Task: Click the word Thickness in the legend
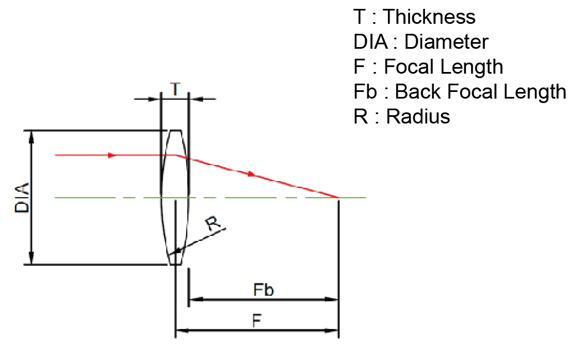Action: [x=429, y=17]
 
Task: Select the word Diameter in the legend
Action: [x=446, y=42]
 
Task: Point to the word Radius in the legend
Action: [x=418, y=116]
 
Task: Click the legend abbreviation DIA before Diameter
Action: [x=371, y=42]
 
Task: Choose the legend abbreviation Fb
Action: [x=365, y=91]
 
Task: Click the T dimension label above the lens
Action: [x=176, y=89]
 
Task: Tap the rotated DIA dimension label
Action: [x=22, y=198]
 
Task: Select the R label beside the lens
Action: [x=213, y=223]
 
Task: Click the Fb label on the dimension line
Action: [x=263, y=290]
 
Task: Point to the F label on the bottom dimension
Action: [x=257, y=321]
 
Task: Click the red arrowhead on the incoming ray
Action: [x=112, y=155]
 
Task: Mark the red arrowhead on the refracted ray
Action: [x=250, y=174]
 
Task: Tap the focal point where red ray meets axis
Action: [x=339, y=198]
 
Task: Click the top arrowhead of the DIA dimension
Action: [x=32, y=136]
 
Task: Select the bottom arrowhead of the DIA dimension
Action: [x=32, y=258]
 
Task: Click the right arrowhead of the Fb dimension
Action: [x=332, y=300]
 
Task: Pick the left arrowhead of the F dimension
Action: [x=182, y=331]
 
